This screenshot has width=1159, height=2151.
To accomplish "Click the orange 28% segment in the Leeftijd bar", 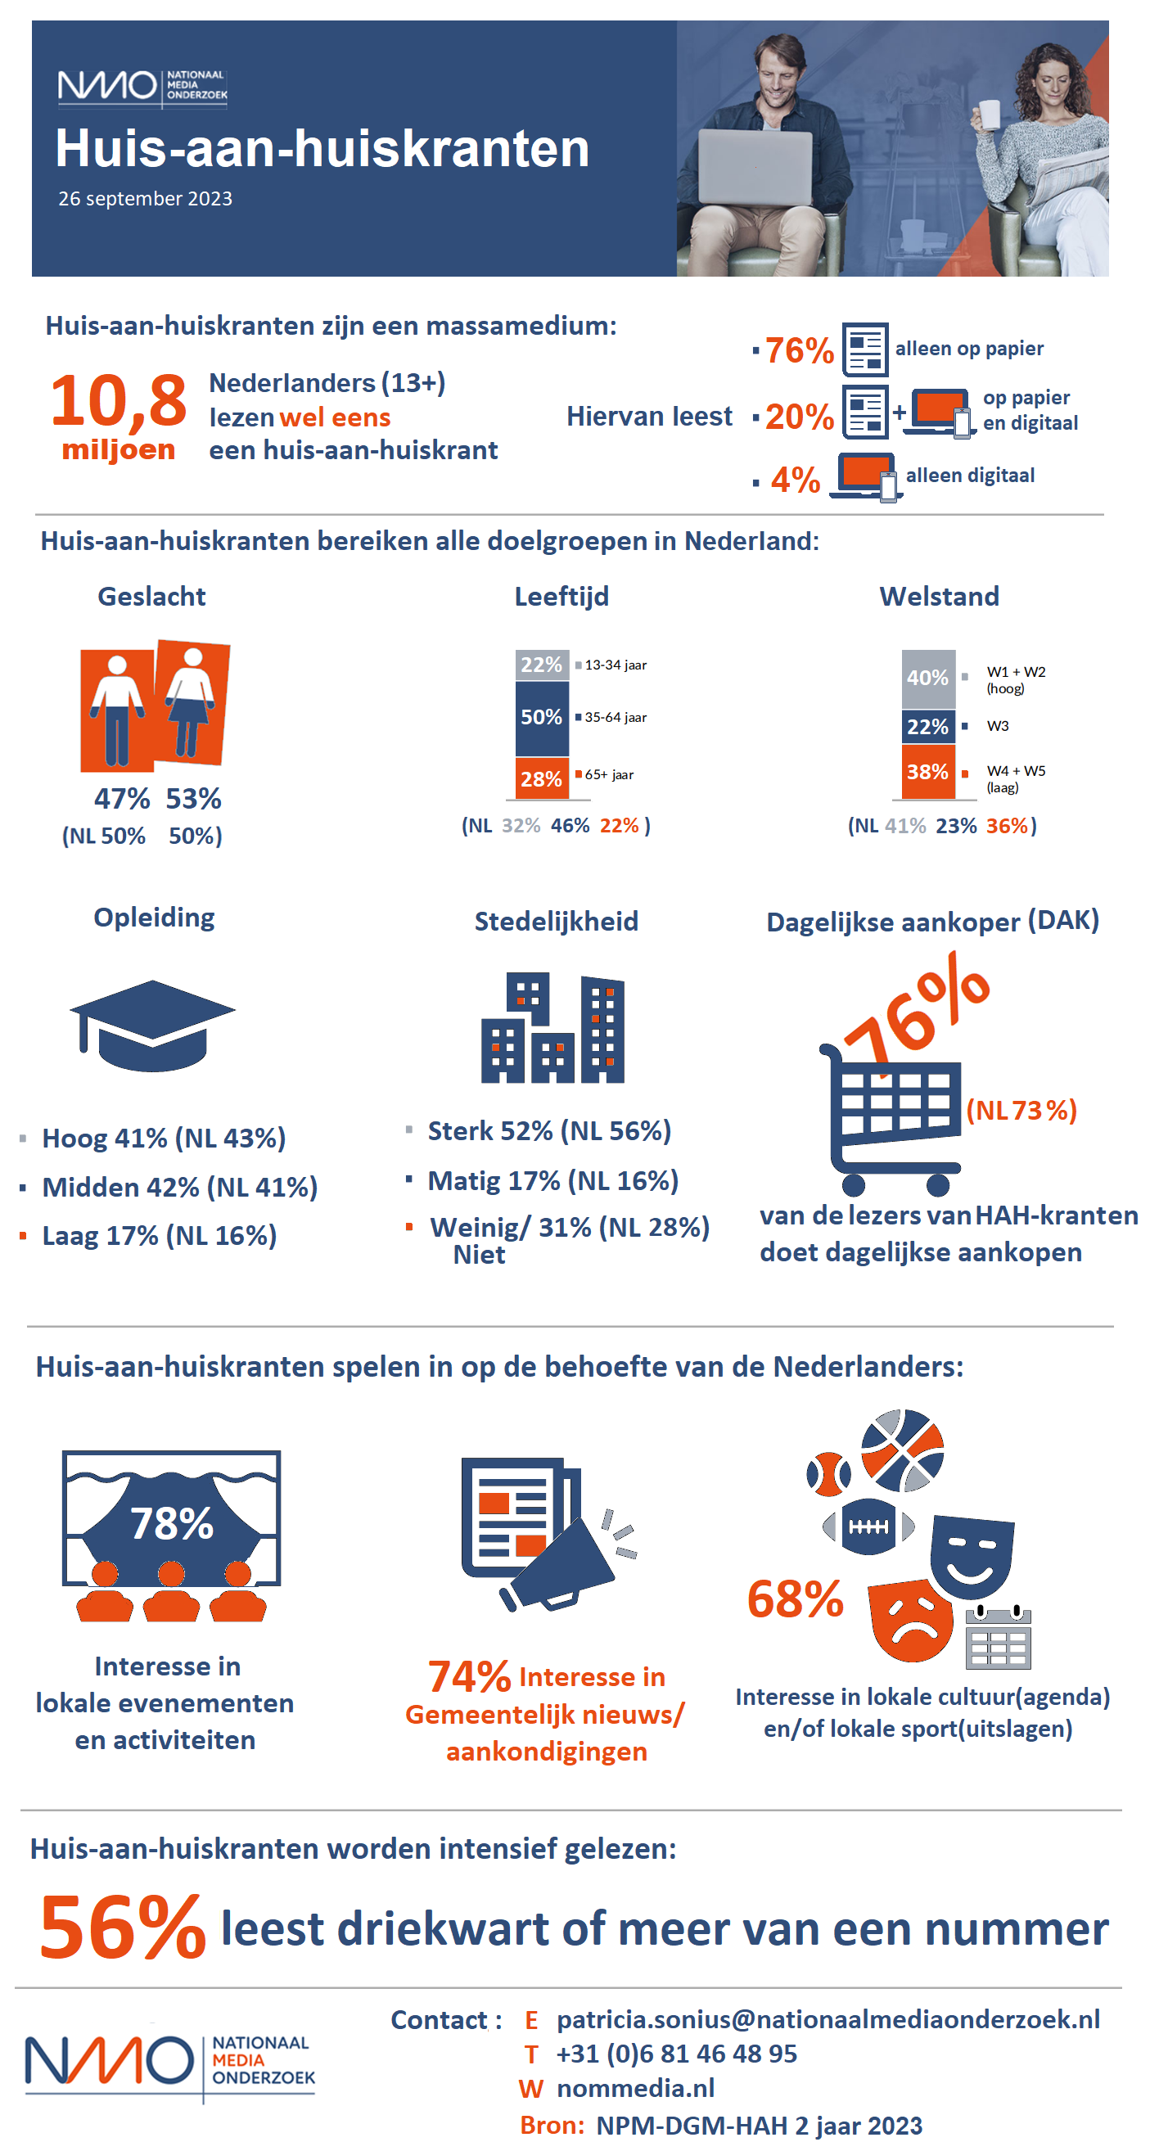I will pos(541,778).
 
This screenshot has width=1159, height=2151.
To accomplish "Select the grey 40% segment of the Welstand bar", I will pos(927,678).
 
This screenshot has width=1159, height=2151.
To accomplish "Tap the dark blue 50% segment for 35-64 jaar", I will pos(541,717).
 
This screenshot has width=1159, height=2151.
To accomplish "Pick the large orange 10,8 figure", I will pos(118,400).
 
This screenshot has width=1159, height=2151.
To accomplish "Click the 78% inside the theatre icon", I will pos(171,1523).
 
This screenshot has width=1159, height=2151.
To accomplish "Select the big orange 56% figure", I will pos(122,1928).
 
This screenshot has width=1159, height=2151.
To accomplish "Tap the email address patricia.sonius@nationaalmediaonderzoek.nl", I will pos(828,2019).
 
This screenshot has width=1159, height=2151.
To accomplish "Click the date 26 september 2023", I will pos(146,199).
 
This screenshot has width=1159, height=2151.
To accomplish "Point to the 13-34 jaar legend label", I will pos(616,665).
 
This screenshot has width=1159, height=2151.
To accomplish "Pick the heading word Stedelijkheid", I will pos(556,921).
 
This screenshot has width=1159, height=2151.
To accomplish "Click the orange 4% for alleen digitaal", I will pos(795,480).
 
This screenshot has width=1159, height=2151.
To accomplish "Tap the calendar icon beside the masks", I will pos(998,1639).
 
